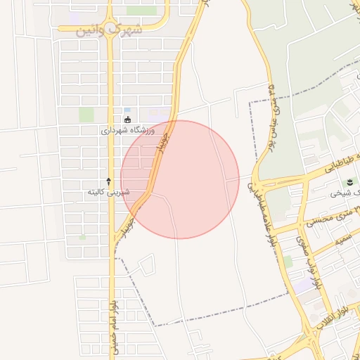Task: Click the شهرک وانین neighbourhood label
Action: [x=112, y=30]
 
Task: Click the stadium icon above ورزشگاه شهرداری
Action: [x=127, y=119]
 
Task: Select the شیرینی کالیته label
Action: [x=106, y=192]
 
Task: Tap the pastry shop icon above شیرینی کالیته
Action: [x=108, y=181]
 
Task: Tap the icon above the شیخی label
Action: [x=350, y=182]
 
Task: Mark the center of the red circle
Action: [x=180, y=179]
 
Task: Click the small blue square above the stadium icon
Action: [x=127, y=110]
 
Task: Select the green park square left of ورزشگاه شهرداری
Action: [x=86, y=114]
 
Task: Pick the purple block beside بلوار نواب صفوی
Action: [x=302, y=286]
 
